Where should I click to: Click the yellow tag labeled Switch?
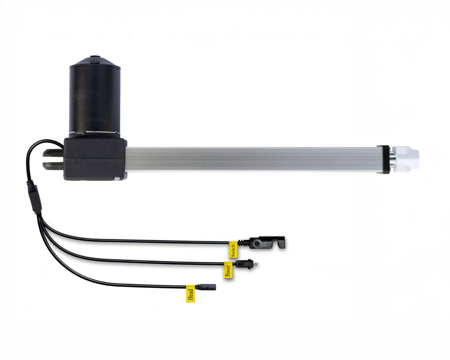(233, 249)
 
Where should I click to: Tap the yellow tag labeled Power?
(228, 270)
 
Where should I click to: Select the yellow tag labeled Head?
(190, 294)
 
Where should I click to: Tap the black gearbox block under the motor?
(96, 159)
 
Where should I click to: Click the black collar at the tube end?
(383, 159)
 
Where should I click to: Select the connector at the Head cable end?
(206, 286)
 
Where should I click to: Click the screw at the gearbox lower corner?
(118, 178)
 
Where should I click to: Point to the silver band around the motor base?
(95, 135)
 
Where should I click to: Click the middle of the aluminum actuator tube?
(252, 159)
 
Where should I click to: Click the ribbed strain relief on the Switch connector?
(244, 242)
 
